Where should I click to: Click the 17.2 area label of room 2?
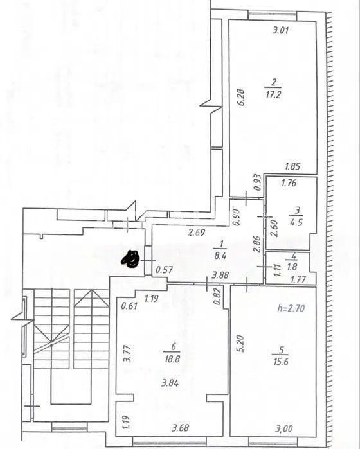click(x=273, y=95)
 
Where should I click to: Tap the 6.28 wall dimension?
click(x=242, y=98)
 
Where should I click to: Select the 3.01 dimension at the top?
click(x=280, y=30)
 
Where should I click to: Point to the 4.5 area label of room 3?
click(x=296, y=222)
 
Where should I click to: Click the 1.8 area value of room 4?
click(x=292, y=267)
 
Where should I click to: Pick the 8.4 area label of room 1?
click(x=220, y=256)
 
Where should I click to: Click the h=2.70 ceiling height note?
click(x=291, y=308)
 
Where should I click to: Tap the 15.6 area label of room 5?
click(x=281, y=362)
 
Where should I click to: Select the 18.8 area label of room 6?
click(x=172, y=359)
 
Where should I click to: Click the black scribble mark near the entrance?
click(x=130, y=259)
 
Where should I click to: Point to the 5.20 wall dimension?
click(x=240, y=344)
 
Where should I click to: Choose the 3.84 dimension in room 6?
click(x=170, y=383)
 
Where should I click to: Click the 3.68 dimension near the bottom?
click(x=180, y=428)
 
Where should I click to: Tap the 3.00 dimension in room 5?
click(x=284, y=428)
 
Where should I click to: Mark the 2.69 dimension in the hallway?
click(x=197, y=233)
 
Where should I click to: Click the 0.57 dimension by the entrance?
click(x=164, y=270)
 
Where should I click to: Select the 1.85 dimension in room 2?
click(x=292, y=166)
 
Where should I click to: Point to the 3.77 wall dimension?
click(x=127, y=354)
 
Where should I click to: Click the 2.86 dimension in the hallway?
click(x=256, y=244)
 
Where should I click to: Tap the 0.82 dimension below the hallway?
click(x=217, y=296)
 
